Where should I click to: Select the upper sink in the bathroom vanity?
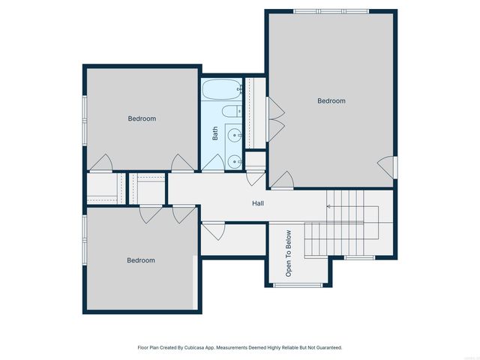tap(235, 136)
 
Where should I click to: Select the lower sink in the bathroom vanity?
tap(235, 160)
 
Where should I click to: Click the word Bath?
tap(215, 133)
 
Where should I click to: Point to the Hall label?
tap(257, 203)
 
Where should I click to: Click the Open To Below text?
tap(287, 254)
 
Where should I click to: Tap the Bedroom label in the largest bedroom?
tap(331, 100)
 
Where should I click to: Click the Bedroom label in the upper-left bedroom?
tap(141, 118)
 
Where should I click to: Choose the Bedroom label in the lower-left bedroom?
tap(140, 260)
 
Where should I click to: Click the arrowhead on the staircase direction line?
tap(328, 205)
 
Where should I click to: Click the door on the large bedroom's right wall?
tap(385, 167)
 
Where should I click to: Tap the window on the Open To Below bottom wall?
tap(297, 285)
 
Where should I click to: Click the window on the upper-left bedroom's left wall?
tap(84, 119)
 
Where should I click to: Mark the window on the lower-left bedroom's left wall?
tap(84, 240)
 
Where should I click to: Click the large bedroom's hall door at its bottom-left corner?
tap(282, 180)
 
